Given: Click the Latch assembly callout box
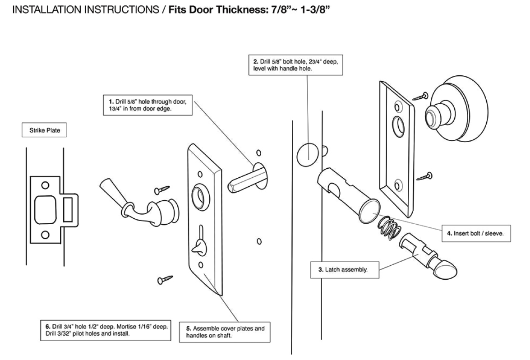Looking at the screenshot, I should (346, 270).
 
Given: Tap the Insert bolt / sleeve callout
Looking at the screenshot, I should (475, 234).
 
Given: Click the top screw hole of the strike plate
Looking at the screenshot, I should (45, 185).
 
